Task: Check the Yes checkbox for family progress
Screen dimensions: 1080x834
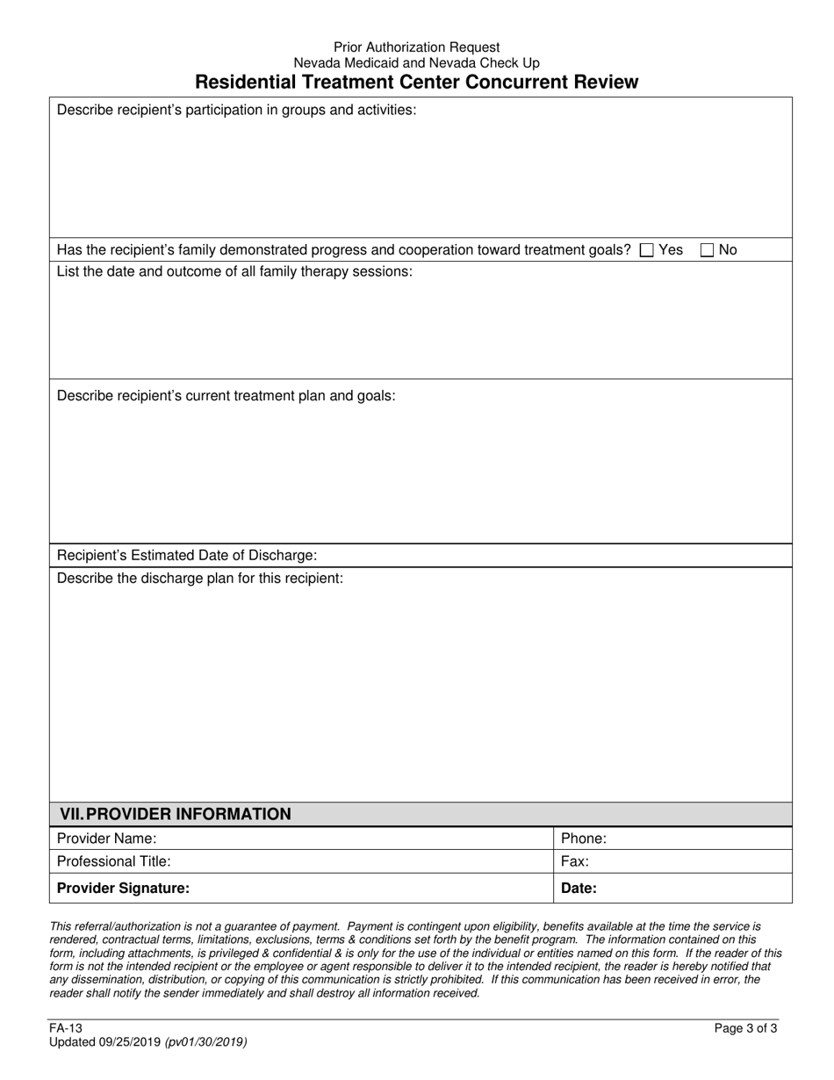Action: [648, 250]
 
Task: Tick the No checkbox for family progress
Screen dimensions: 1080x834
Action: [708, 250]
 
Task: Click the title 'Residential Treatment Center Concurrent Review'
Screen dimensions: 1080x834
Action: [416, 83]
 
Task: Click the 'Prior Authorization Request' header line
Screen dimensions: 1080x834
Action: [416, 47]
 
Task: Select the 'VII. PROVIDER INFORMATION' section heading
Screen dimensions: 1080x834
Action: [175, 814]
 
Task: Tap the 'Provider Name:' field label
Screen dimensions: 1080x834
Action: [107, 839]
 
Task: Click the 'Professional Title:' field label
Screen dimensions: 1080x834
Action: [114, 861]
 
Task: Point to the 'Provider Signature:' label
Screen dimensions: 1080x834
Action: [123, 888]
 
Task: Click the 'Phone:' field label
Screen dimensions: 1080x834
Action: [584, 839]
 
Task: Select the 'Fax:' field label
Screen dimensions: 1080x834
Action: [575, 861]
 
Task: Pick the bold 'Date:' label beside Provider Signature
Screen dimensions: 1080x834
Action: [579, 888]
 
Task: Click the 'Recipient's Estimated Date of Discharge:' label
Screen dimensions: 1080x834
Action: [187, 556]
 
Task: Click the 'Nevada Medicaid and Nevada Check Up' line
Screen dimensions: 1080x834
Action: [416, 63]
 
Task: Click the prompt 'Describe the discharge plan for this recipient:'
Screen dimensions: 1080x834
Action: [200, 579]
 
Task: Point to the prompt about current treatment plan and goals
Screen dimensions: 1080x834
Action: [226, 396]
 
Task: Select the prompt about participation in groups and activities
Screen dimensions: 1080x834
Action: [236, 111]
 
